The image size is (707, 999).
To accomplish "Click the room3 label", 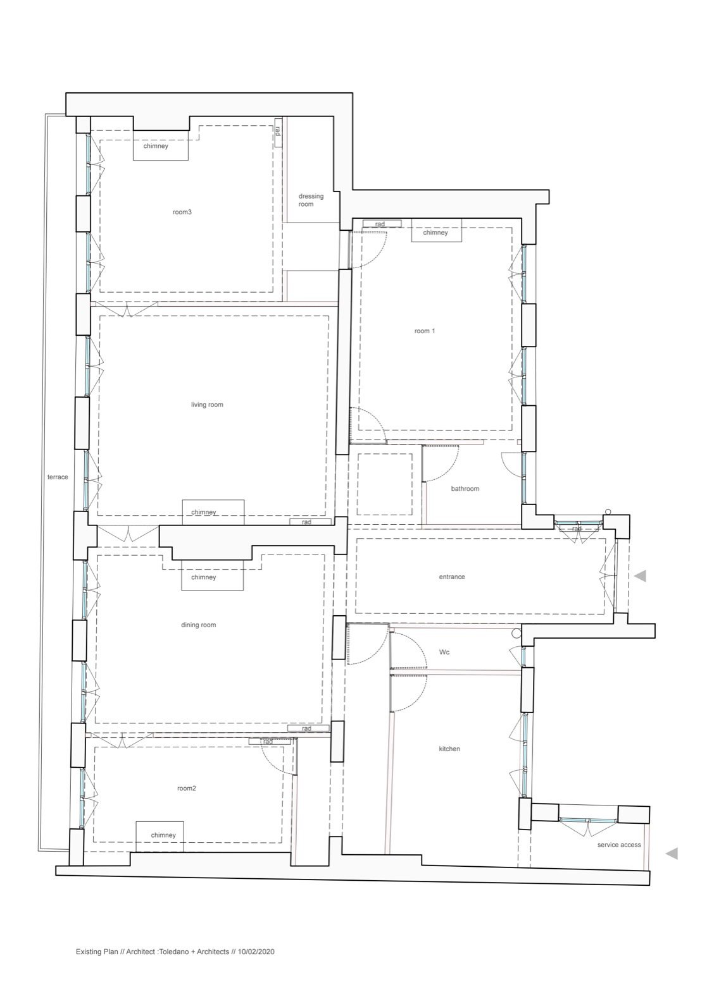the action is click(x=182, y=212).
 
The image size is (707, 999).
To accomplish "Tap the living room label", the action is click(x=207, y=405).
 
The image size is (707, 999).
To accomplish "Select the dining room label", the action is click(x=199, y=625).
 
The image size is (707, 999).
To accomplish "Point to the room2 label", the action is click(x=187, y=788).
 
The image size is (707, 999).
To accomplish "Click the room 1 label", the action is click(x=425, y=331).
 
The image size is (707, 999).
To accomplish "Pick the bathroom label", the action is click(x=465, y=488).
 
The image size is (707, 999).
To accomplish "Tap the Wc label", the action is click(x=444, y=652).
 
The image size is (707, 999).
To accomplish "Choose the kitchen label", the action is click(x=449, y=749).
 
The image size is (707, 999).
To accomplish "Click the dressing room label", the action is click(x=311, y=200).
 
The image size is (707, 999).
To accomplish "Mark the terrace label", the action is click(x=58, y=477).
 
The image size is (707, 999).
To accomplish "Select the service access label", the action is click(x=619, y=845).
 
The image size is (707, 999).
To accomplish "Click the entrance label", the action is click(x=452, y=577).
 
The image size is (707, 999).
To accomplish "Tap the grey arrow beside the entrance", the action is click(x=641, y=576).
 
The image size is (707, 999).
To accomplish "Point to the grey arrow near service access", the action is click(x=672, y=854).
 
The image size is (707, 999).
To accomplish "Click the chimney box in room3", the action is click(x=161, y=145).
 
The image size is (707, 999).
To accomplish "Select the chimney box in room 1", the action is click(x=436, y=230).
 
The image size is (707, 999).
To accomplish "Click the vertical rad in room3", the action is click(x=278, y=132).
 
